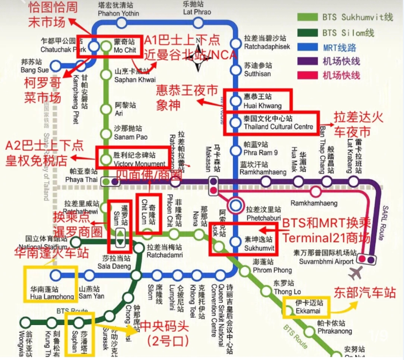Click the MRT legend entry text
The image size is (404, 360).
341,47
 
